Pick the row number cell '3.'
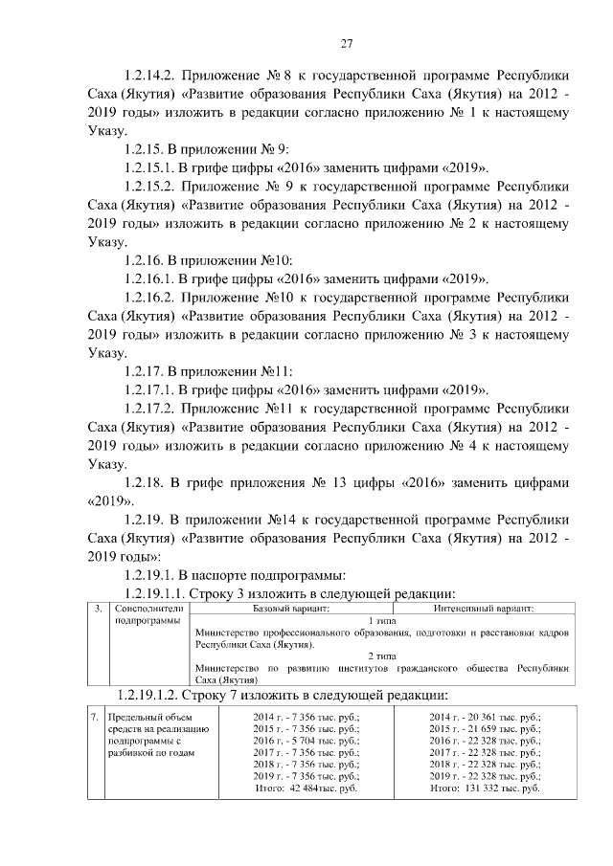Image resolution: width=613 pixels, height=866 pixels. point(98,608)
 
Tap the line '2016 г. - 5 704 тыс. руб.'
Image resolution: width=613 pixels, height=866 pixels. point(306,740)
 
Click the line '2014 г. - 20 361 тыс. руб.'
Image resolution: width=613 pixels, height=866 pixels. point(485,716)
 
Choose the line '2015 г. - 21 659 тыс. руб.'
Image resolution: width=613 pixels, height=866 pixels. point(485,728)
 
